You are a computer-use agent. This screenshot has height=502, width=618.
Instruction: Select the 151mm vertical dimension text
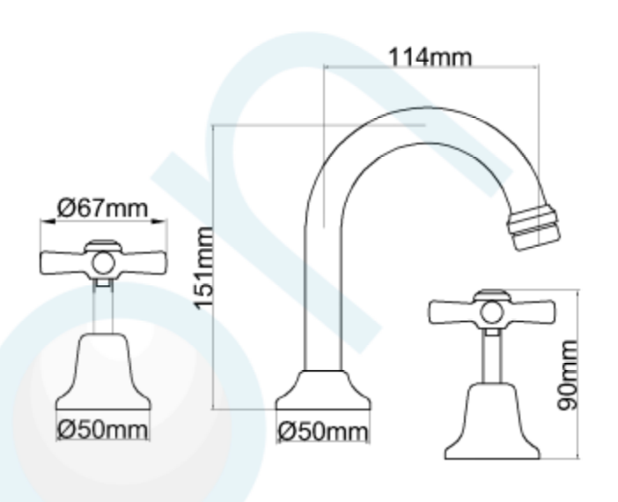[204, 267]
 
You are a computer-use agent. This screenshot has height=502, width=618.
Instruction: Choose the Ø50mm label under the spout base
[322, 432]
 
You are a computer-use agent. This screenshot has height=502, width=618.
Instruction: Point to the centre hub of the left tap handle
[104, 262]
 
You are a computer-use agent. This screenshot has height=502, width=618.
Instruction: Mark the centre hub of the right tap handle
[491, 312]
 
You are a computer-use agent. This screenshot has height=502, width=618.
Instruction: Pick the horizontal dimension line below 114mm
[430, 67]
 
